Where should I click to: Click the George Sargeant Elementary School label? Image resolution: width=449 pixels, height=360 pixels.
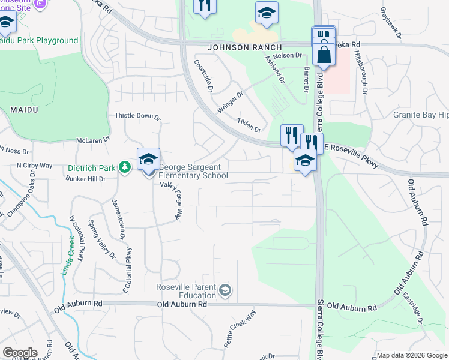click(193, 171)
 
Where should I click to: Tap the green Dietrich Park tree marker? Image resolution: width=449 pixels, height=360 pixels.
click(125, 167)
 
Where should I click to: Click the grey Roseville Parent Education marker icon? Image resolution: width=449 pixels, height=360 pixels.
click(225, 291)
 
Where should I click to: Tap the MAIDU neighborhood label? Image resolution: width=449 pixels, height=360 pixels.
click(25, 110)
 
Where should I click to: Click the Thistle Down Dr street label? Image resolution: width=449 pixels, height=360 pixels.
click(138, 116)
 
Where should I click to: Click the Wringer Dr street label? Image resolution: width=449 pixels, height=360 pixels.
click(231, 102)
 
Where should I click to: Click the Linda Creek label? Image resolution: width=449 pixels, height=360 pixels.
click(67, 256)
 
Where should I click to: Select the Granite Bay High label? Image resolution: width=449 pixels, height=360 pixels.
click(420, 115)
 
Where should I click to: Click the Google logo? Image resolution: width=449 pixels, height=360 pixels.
click(20, 352)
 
